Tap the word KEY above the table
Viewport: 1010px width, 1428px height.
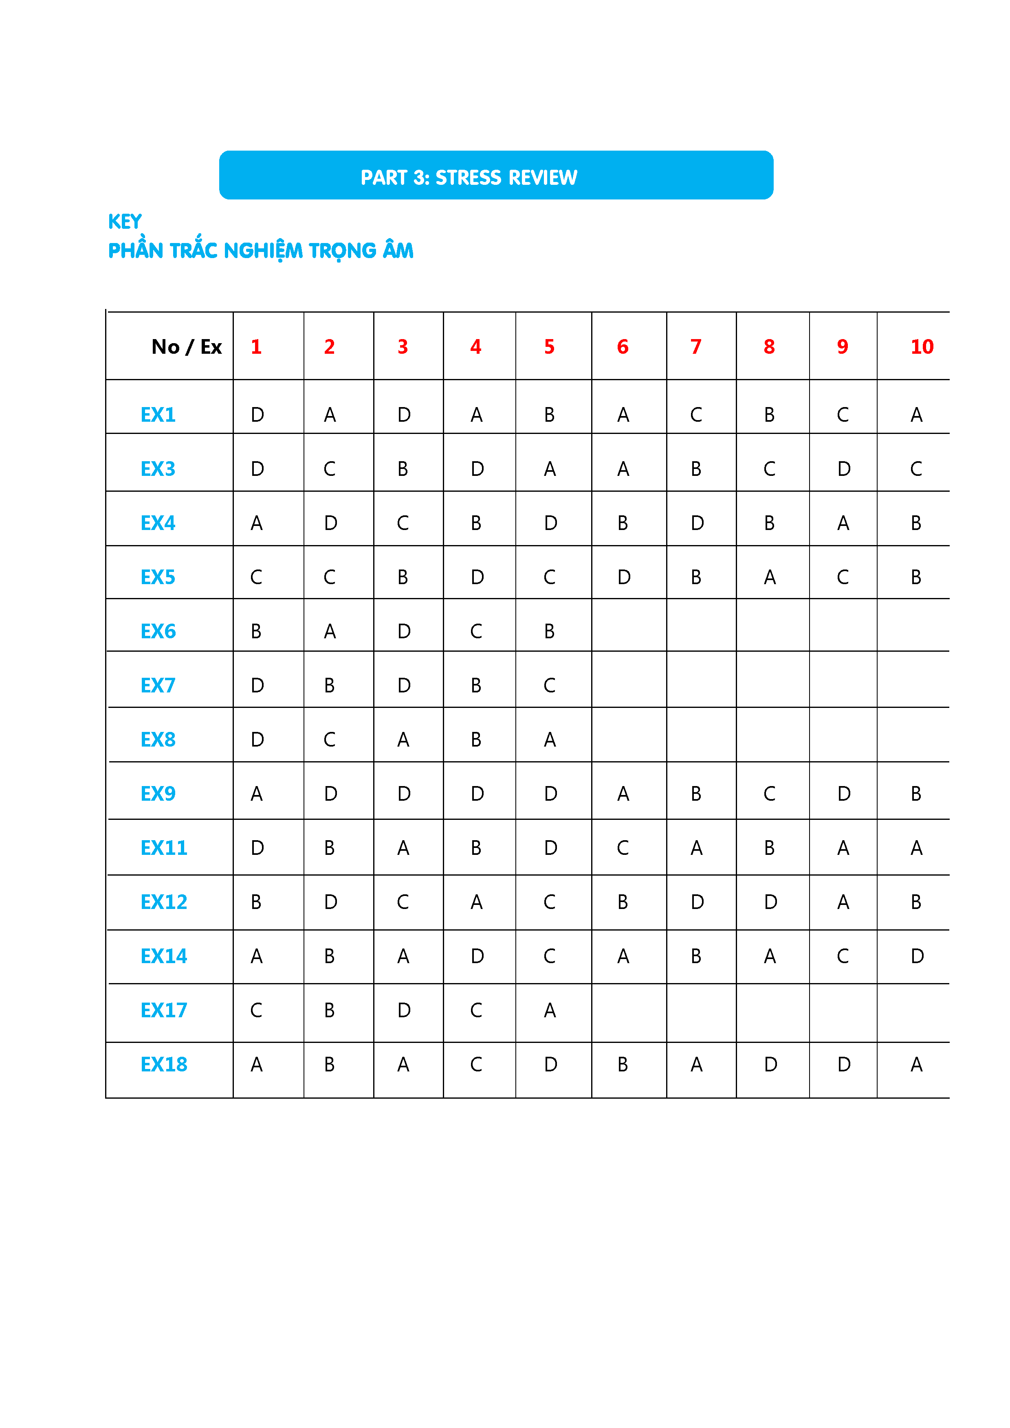tap(124, 221)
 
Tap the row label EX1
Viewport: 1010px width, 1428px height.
tap(158, 415)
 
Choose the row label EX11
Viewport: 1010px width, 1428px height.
tap(164, 848)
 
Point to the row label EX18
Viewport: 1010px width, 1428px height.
tap(164, 1064)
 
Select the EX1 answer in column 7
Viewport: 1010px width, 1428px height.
tap(696, 415)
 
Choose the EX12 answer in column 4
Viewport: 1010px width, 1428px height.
tap(476, 902)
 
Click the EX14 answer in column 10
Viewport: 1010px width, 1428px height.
tap(917, 956)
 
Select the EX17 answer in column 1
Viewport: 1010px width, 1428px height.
tap(256, 1010)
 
